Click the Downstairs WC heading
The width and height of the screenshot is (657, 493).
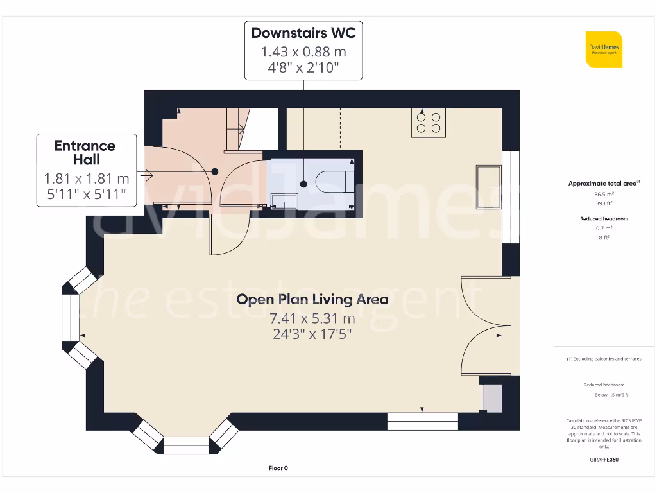(303, 33)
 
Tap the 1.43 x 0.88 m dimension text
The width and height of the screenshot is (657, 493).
(303, 51)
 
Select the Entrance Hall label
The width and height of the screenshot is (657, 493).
(85, 152)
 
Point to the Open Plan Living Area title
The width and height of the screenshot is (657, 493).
(312, 299)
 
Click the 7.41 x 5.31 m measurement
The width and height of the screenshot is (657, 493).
(312, 318)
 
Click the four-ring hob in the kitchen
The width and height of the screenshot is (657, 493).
(429, 122)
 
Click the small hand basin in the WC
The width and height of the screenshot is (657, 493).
(284, 202)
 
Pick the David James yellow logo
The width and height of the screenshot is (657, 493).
(603, 49)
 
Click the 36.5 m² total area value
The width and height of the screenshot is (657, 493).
(603, 193)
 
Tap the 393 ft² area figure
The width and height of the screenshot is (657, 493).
(603, 203)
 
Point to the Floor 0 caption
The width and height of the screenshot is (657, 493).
(278, 468)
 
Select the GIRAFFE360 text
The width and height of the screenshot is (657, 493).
(603, 460)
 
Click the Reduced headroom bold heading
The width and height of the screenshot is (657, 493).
(603, 219)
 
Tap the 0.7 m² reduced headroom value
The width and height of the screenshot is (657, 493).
(603, 228)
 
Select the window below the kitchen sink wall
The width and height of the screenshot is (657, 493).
(422, 421)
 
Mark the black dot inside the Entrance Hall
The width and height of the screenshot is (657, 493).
(215, 171)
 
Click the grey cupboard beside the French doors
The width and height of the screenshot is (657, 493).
(492, 398)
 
